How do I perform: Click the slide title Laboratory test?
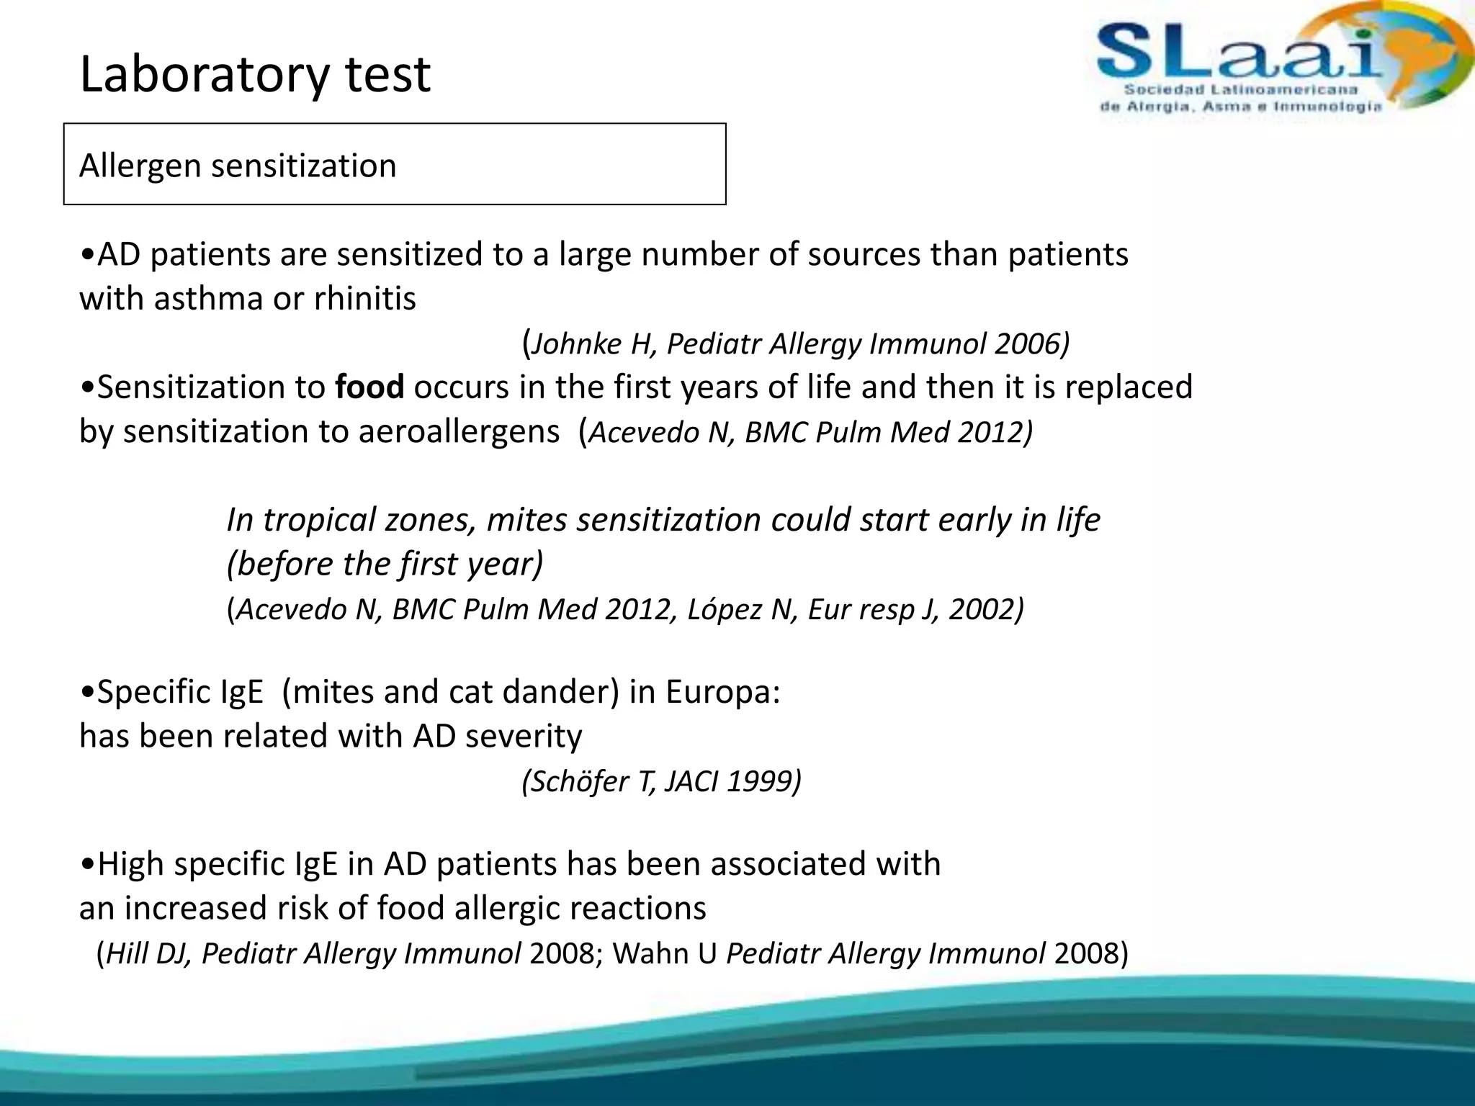(x=255, y=74)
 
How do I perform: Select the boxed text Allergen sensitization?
(x=238, y=166)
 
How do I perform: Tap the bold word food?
(x=369, y=387)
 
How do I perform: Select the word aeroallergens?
(x=459, y=432)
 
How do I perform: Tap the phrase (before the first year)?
(x=385, y=564)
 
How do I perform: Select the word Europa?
(x=722, y=692)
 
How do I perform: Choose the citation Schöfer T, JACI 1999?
(x=661, y=781)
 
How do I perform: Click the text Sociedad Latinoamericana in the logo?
(x=1240, y=90)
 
